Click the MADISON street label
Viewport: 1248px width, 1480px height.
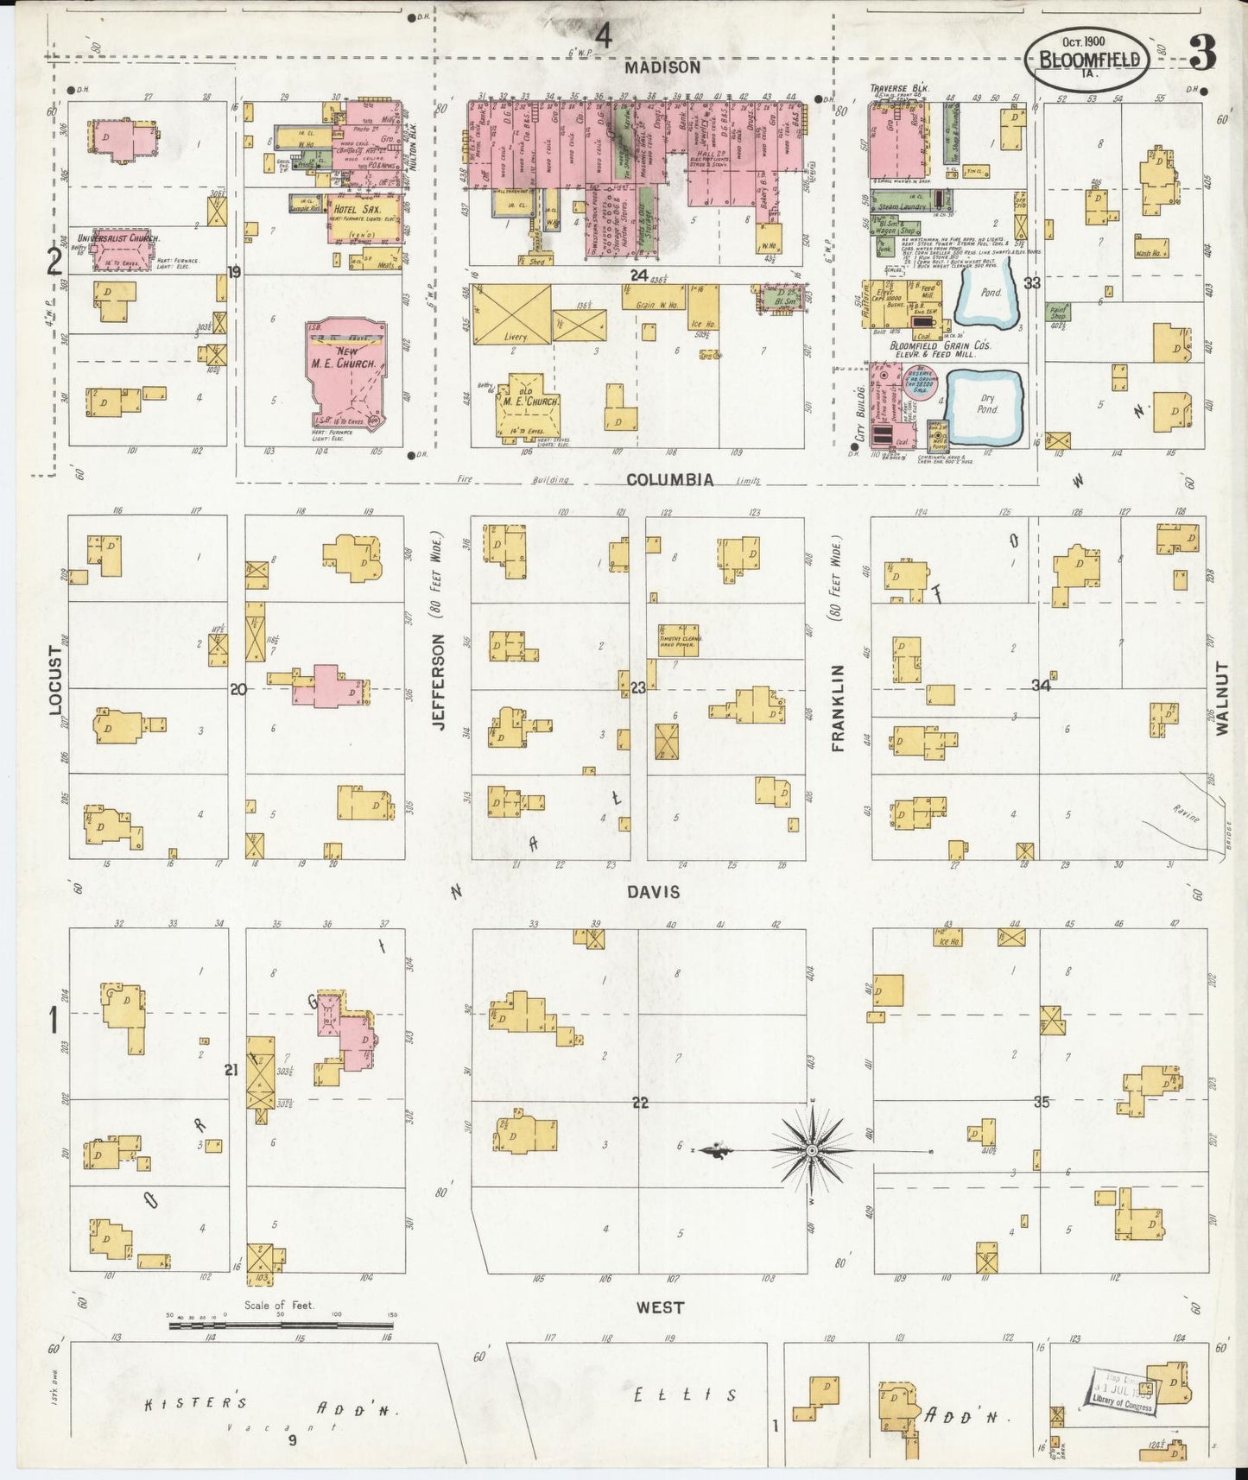[x=662, y=67]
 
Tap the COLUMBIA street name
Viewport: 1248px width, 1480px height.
[x=670, y=479]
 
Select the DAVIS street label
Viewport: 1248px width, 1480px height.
[x=654, y=892]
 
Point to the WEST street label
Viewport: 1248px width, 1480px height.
[x=660, y=1307]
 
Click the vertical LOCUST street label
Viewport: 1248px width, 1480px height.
[x=57, y=680]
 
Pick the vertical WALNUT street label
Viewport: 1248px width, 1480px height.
[x=1221, y=699]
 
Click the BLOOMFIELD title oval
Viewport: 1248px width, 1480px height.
[x=1086, y=60]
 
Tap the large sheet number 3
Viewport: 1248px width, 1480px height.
[x=1202, y=54]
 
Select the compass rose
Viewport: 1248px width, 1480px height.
[x=812, y=1151]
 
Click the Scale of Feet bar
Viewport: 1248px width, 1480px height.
[x=282, y=1322]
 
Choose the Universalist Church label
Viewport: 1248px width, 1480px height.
[x=117, y=238]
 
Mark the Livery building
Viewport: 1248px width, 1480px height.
[x=511, y=314]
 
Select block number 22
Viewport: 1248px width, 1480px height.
[x=640, y=1103]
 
